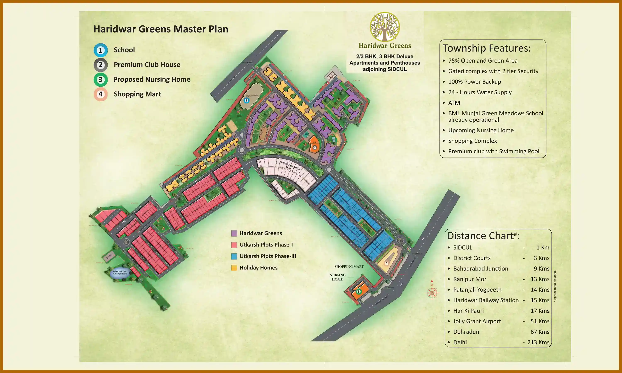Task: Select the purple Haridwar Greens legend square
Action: click(x=234, y=234)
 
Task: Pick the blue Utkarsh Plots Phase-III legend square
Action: click(x=234, y=256)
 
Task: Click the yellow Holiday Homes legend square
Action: click(x=234, y=268)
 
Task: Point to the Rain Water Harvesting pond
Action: click(x=120, y=273)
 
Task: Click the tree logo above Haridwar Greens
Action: click(x=385, y=27)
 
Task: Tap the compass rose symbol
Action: click(x=432, y=293)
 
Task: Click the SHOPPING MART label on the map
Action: click(x=349, y=267)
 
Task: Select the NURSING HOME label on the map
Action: click(x=337, y=277)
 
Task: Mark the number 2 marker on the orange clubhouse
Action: click(x=315, y=148)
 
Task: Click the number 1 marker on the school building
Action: click(x=246, y=101)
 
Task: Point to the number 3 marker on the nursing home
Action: click(x=359, y=292)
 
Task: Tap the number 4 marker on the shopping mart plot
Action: click(x=386, y=263)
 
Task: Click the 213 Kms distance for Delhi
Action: click(x=538, y=342)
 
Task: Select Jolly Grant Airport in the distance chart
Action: click(x=477, y=321)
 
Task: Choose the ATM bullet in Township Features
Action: click(x=454, y=103)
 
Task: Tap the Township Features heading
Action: click(x=487, y=48)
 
